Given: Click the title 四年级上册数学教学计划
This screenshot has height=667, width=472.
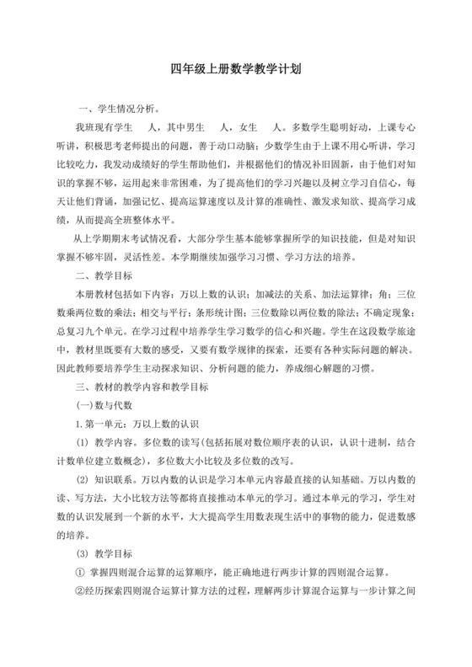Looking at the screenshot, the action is [235, 71].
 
